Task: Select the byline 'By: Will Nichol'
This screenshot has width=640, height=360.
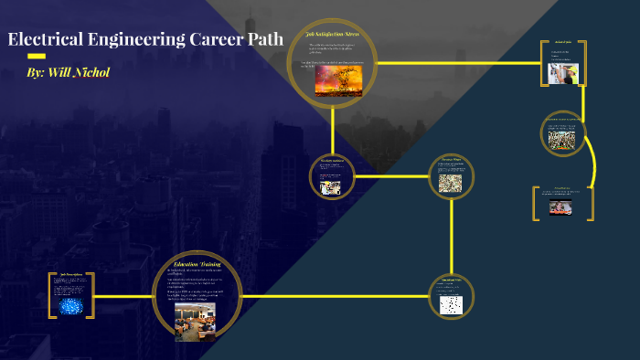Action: pyautogui.click(x=69, y=71)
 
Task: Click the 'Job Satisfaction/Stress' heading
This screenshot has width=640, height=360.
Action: pyautogui.click(x=333, y=34)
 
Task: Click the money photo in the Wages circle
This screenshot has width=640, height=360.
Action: pyautogui.click(x=452, y=183)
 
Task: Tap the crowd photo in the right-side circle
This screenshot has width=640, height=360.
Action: pyautogui.click(x=561, y=138)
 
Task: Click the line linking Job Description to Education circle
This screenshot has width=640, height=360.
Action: pyautogui.click(x=123, y=296)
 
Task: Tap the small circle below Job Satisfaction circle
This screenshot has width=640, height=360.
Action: pyautogui.click(x=330, y=175)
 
